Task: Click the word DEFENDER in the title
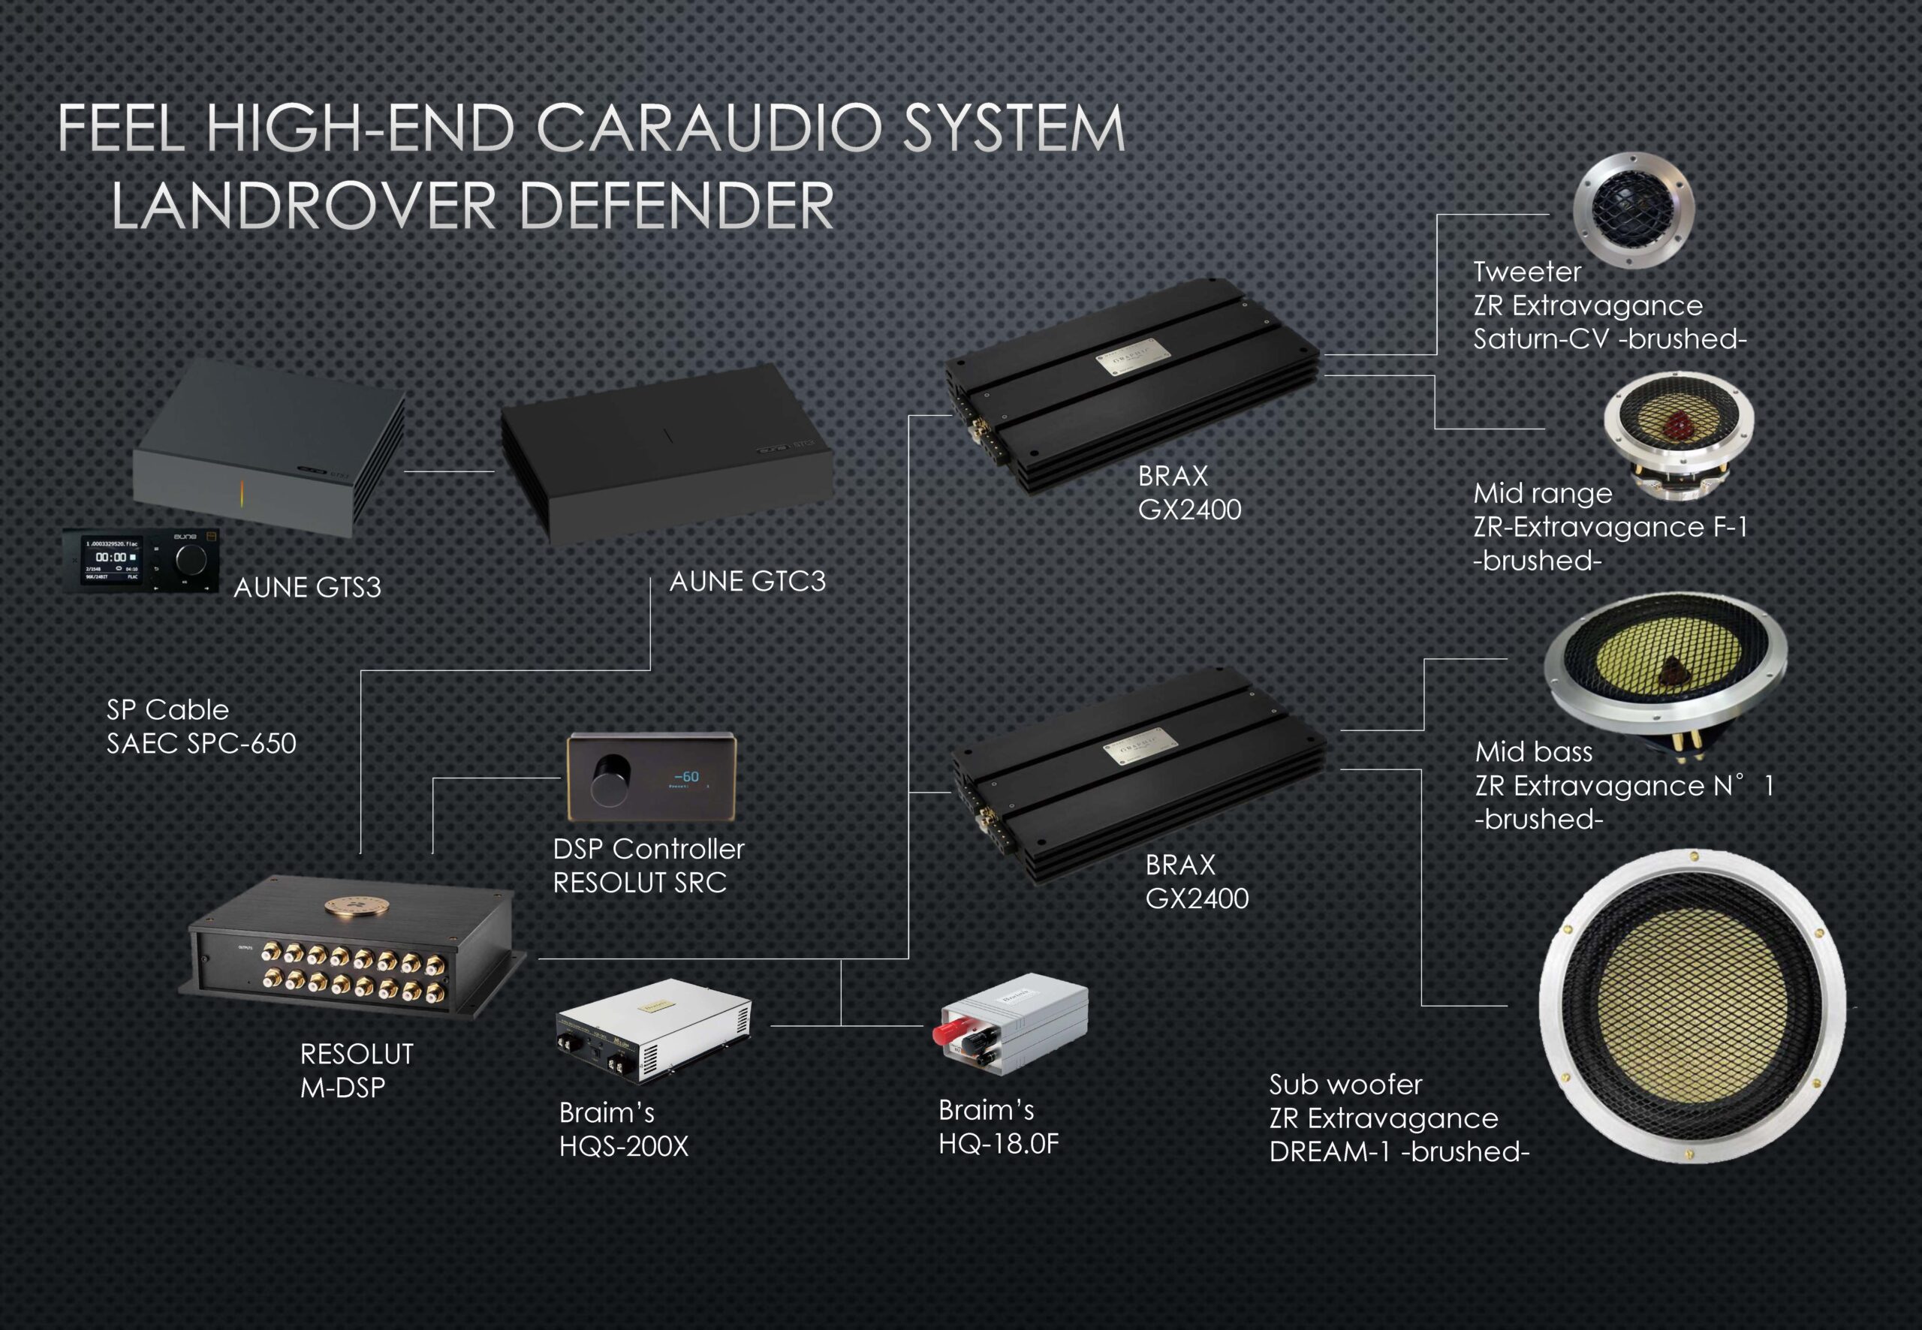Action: pyautogui.click(x=676, y=205)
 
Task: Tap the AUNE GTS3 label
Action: pyautogui.click(x=307, y=588)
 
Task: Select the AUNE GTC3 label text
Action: pyautogui.click(x=747, y=581)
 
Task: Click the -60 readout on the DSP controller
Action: pyautogui.click(x=686, y=777)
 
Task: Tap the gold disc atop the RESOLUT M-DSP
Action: pyautogui.click(x=349, y=906)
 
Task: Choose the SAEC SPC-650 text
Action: pyautogui.click(x=201, y=743)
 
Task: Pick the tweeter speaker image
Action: pyautogui.click(x=1633, y=210)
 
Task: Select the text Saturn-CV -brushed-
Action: pyautogui.click(x=1609, y=339)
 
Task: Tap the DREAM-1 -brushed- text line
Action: pyautogui.click(x=1399, y=1151)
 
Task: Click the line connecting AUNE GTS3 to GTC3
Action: pyautogui.click(x=449, y=471)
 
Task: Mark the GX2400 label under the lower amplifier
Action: pyautogui.click(x=1196, y=898)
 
